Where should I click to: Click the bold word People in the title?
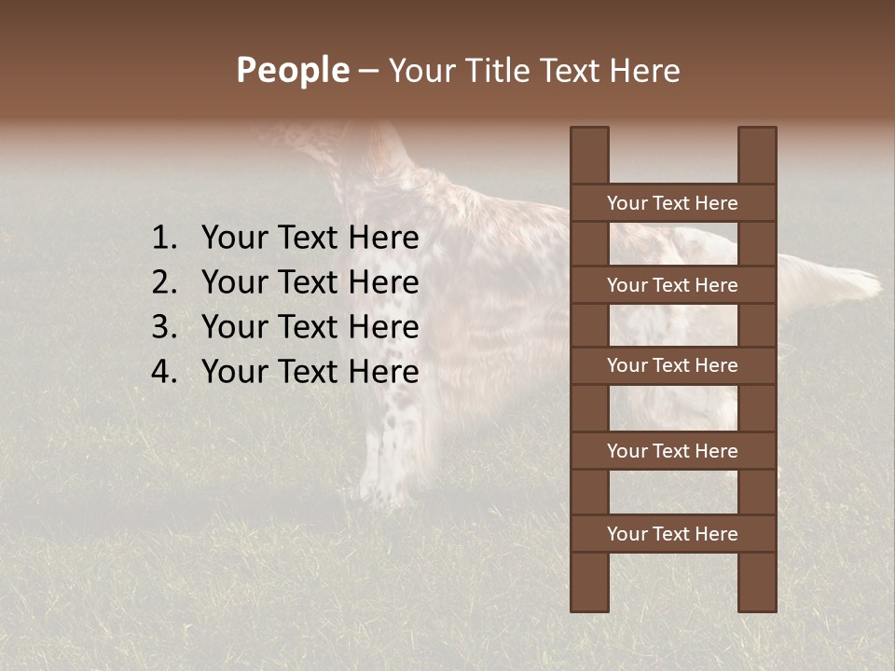click(292, 71)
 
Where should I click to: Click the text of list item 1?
click(310, 239)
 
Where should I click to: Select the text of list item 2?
click(310, 282)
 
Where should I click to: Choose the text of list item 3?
click(310, 327)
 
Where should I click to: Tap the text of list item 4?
click(310, 372)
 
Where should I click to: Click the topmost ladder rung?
click(672, 203)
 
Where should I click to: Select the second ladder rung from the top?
click(672, 285)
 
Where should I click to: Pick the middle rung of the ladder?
click(672, 366)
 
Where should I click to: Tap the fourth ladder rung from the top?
click(672, 451)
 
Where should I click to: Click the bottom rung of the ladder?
click(672, 534)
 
